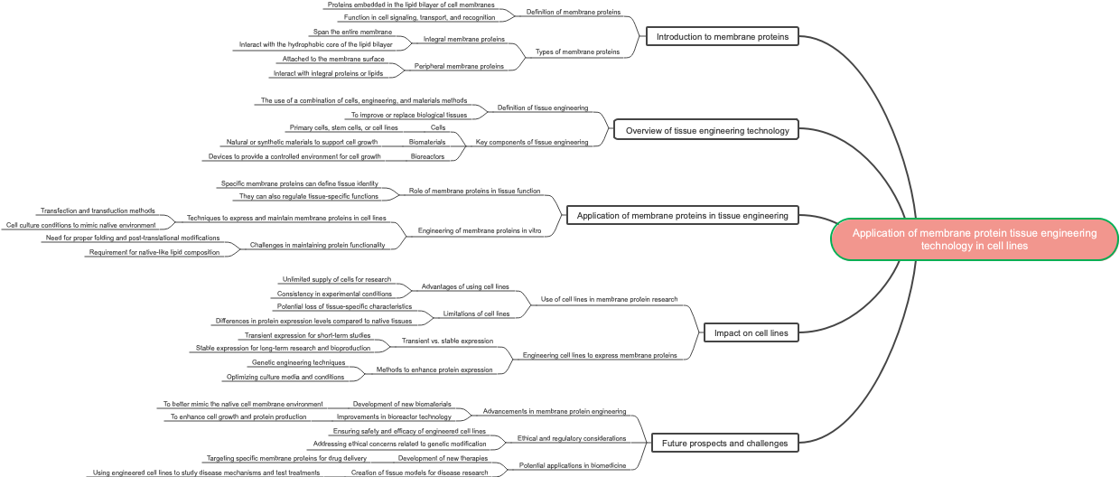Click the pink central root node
[974, 239]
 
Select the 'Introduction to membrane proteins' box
[723, 37]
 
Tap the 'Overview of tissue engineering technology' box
[706, 130]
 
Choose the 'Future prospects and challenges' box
[725, 443]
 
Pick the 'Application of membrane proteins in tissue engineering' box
[682, 215]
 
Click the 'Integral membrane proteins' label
[463, 40]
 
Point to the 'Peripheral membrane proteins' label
[459, 66]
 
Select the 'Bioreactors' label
[428, 156]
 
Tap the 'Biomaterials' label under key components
[427, 142]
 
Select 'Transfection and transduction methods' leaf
[98, 210]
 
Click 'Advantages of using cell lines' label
[464, 287]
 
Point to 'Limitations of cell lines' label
[476, 313]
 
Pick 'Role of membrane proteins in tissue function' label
[474, 191]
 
